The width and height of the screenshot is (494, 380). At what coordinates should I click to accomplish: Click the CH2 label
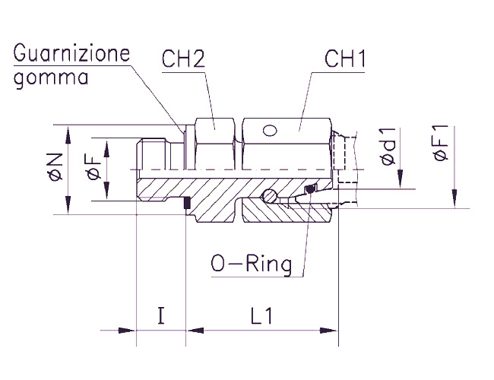coord(184,59)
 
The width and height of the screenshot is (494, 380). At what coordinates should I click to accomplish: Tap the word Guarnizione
coord(72,54)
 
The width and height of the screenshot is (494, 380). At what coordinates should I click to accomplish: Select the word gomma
coord(52,78)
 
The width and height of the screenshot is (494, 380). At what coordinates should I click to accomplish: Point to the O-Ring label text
coord(252,264)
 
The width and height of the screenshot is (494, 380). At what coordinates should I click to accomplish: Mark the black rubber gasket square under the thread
coord(185,204)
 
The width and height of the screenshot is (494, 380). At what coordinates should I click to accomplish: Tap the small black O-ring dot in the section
coord(309,189)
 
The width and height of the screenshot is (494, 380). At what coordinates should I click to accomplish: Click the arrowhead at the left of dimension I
coord(128,331)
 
